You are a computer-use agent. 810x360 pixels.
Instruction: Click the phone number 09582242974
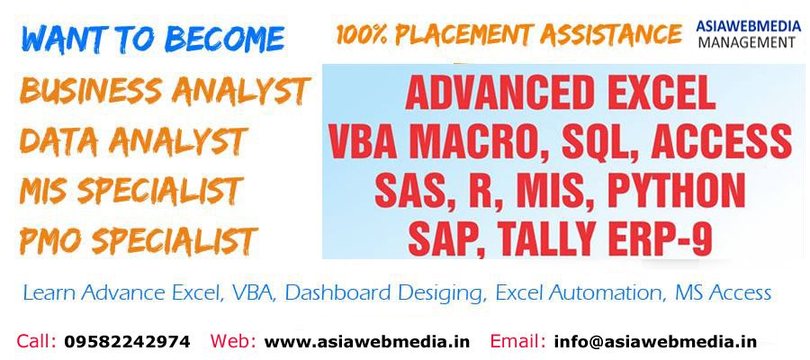(127, 341)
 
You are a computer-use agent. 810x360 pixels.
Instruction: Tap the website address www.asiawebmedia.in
(367, 341)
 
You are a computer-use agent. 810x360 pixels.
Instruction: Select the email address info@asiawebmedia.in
(655, 341)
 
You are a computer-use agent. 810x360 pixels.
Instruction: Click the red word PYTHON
(676, 191)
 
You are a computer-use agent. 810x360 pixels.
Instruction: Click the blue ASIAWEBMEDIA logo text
(748, 26)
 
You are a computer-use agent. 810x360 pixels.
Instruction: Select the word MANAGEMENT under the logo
(746, 42)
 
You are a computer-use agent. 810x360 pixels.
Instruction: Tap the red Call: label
(36, 341)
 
